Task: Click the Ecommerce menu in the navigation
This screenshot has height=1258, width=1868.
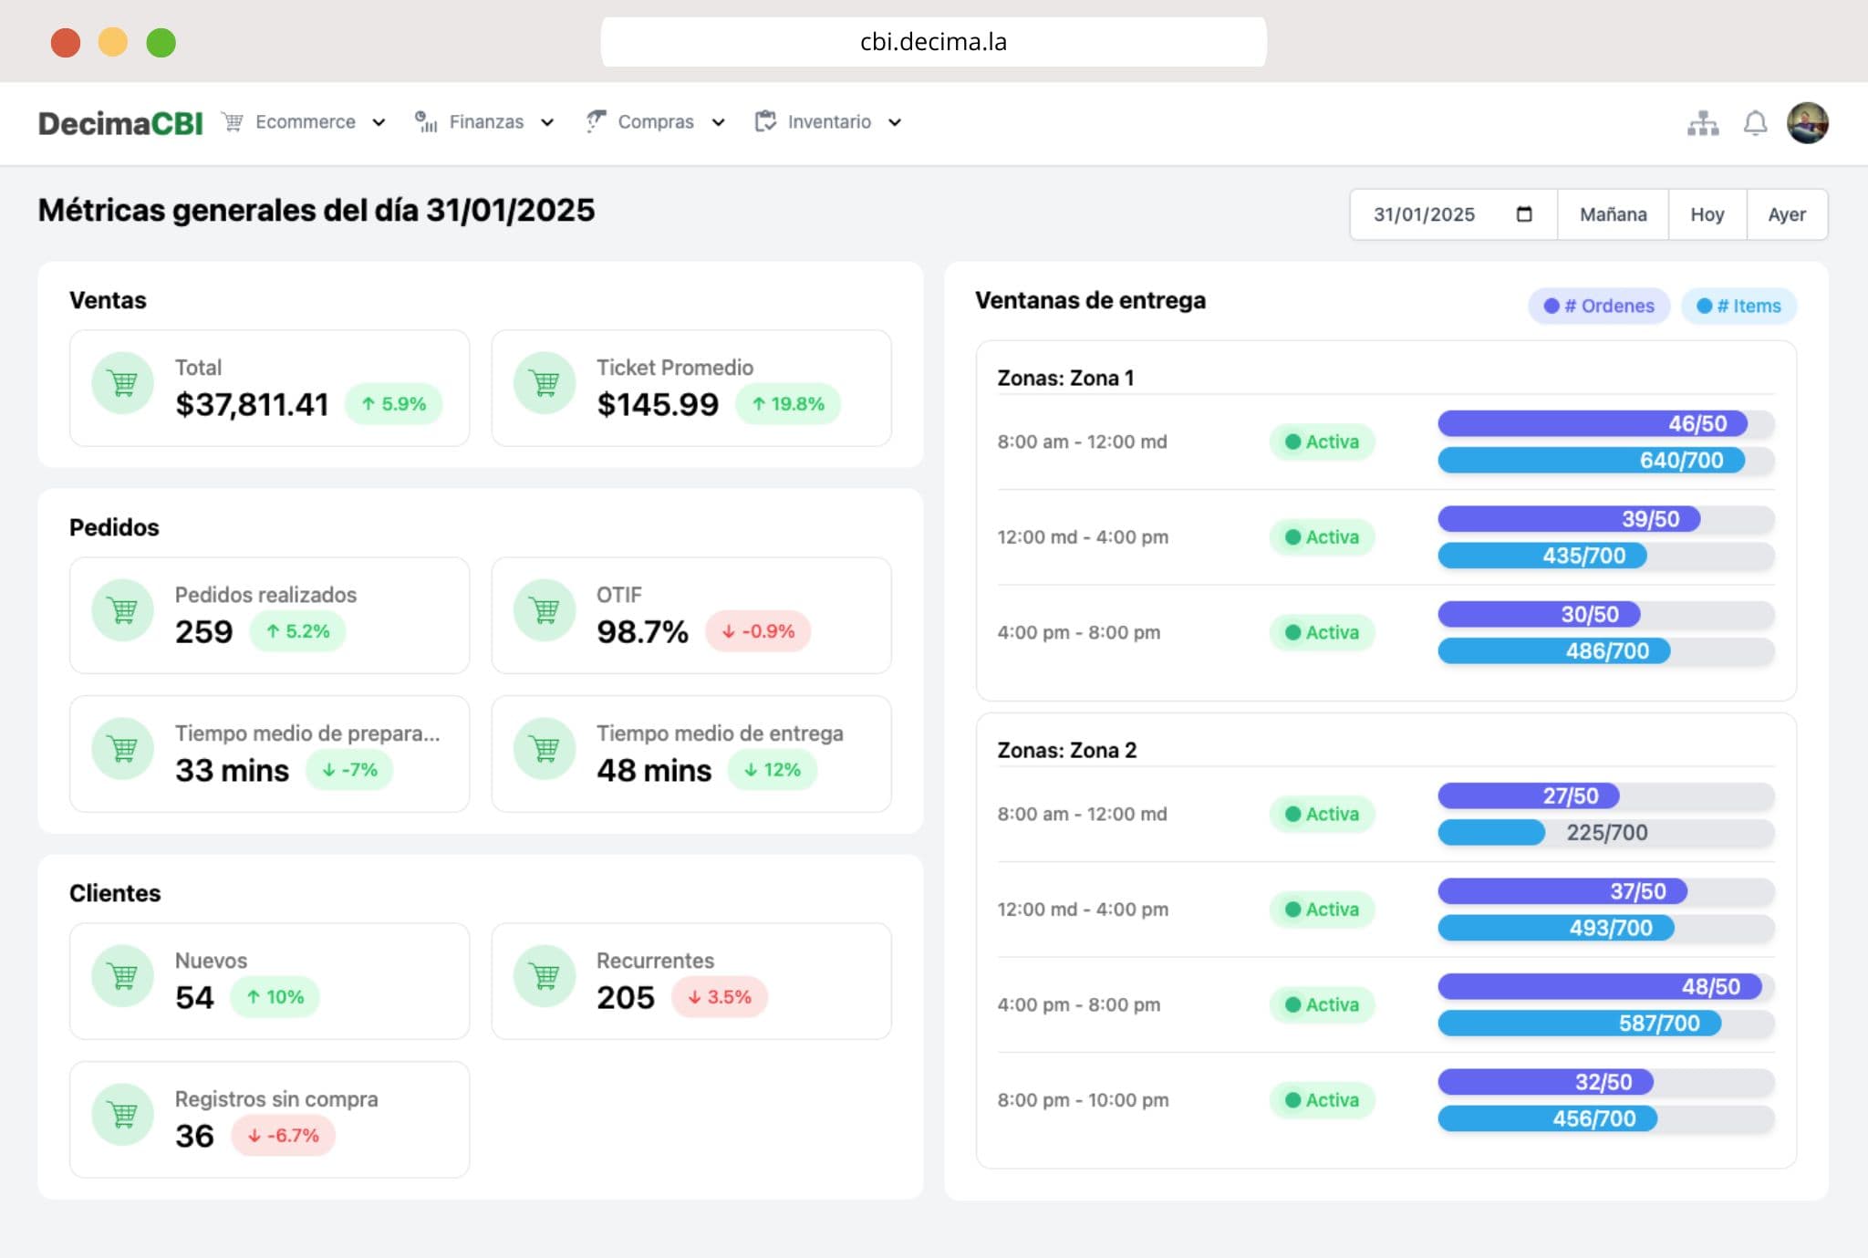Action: click(305, 122)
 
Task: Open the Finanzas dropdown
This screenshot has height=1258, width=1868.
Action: click(485, 122)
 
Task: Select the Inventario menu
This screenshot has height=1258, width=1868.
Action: click(828, 122)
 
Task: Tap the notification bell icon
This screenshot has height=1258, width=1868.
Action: click(1755, 123)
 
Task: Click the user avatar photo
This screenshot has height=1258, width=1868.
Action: click(1807, 123)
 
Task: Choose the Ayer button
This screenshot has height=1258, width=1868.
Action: click(1786, 214)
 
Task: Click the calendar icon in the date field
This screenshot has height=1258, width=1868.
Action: click(1524, 214)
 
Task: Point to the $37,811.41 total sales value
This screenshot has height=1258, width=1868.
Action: click(252, 404)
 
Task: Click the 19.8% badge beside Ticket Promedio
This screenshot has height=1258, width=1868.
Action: click(788, 404)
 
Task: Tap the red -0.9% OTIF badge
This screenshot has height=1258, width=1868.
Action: click(758, 631)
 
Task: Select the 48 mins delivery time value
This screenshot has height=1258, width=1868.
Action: click(654, 770)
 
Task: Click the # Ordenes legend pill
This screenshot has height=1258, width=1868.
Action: click(1599, 306)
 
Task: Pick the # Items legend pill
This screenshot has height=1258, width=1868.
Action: click(1738, 306)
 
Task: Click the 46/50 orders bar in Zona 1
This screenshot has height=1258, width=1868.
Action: click(1593, 423)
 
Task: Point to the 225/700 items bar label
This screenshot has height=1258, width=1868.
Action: click(1606, 832)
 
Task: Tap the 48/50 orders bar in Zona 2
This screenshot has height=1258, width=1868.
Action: click(1599, 986)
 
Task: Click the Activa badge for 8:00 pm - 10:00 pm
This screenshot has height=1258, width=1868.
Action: click(1322, 1100)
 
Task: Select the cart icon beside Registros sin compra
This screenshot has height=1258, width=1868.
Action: click(122, 1114)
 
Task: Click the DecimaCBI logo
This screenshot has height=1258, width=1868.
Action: click(120, 123)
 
